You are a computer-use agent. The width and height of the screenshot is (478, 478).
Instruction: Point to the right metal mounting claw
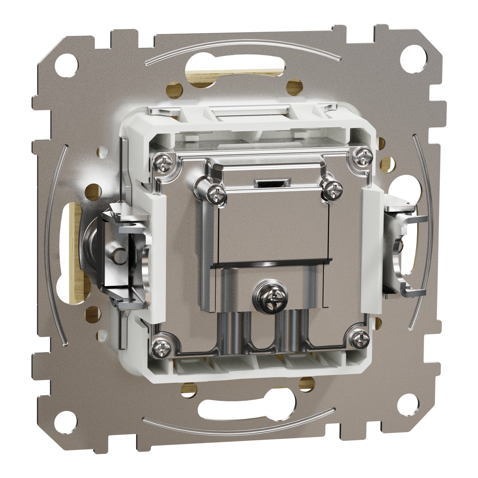[402, 249]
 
